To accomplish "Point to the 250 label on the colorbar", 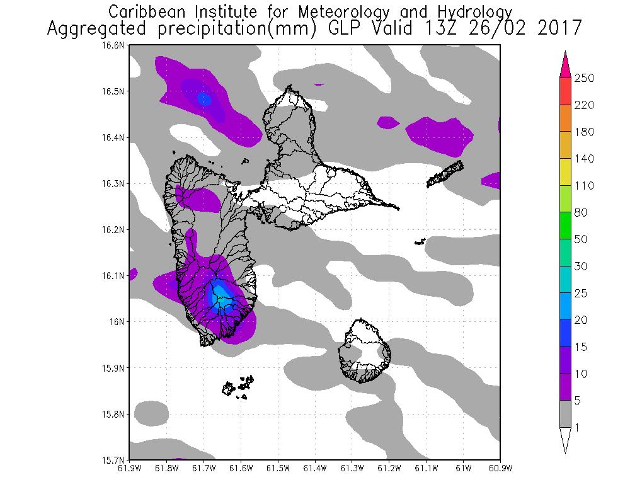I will point(585,78).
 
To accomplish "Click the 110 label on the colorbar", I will point(585,186).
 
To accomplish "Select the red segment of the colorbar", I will point(565,91).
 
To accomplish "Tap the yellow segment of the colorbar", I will point(565,172).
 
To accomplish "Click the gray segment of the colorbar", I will point(565,414).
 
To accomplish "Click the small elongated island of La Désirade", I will point(445,174).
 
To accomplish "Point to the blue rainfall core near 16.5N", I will point(203,99).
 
